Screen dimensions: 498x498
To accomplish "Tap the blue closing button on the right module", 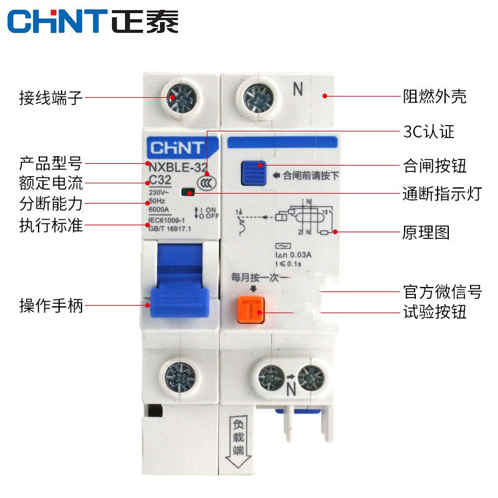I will [x=252, y=174].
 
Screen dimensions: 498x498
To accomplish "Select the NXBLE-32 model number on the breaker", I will [x=177, y=166].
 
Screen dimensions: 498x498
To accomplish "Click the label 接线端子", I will [x=50, y=98].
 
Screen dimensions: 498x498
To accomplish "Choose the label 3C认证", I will [x=429, y=132].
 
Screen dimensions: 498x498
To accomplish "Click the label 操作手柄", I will [x=50, y=306].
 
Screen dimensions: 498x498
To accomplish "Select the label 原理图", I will [x=426, y=233].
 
